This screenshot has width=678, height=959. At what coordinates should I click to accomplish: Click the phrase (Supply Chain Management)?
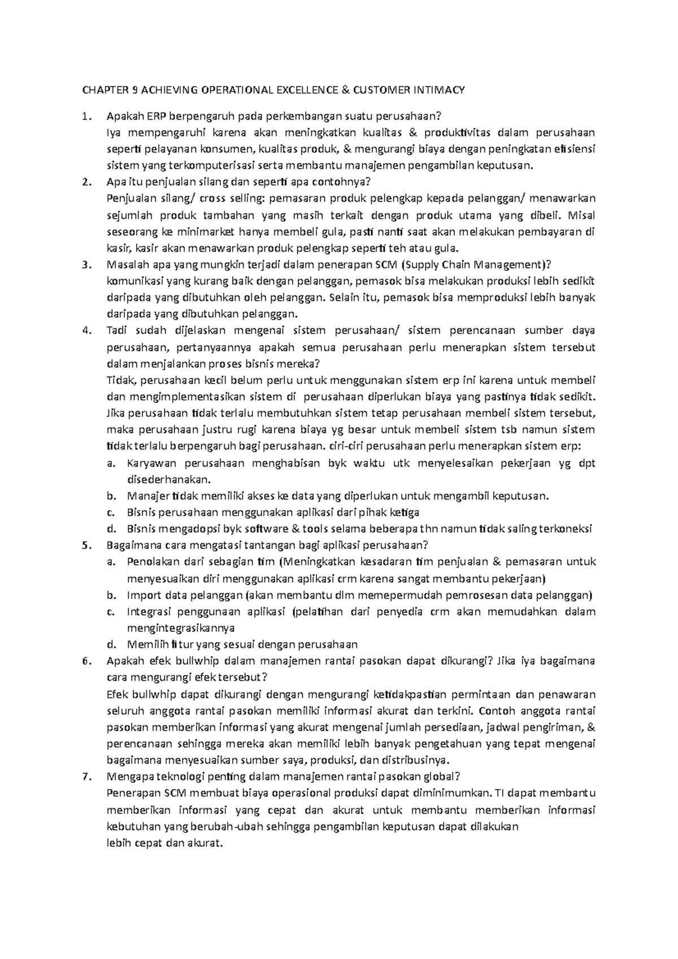point(475,264)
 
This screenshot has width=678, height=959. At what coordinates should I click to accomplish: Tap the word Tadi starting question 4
point(116,330)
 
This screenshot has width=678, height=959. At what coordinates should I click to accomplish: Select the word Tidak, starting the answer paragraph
point(118,380)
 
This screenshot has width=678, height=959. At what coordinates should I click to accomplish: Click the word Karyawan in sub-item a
point(151,463)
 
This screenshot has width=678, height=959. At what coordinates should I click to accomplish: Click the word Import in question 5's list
point(144,595)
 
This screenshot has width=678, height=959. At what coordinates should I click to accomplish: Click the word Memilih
point(146,644)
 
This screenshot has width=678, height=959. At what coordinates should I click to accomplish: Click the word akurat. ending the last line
point(206,843)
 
